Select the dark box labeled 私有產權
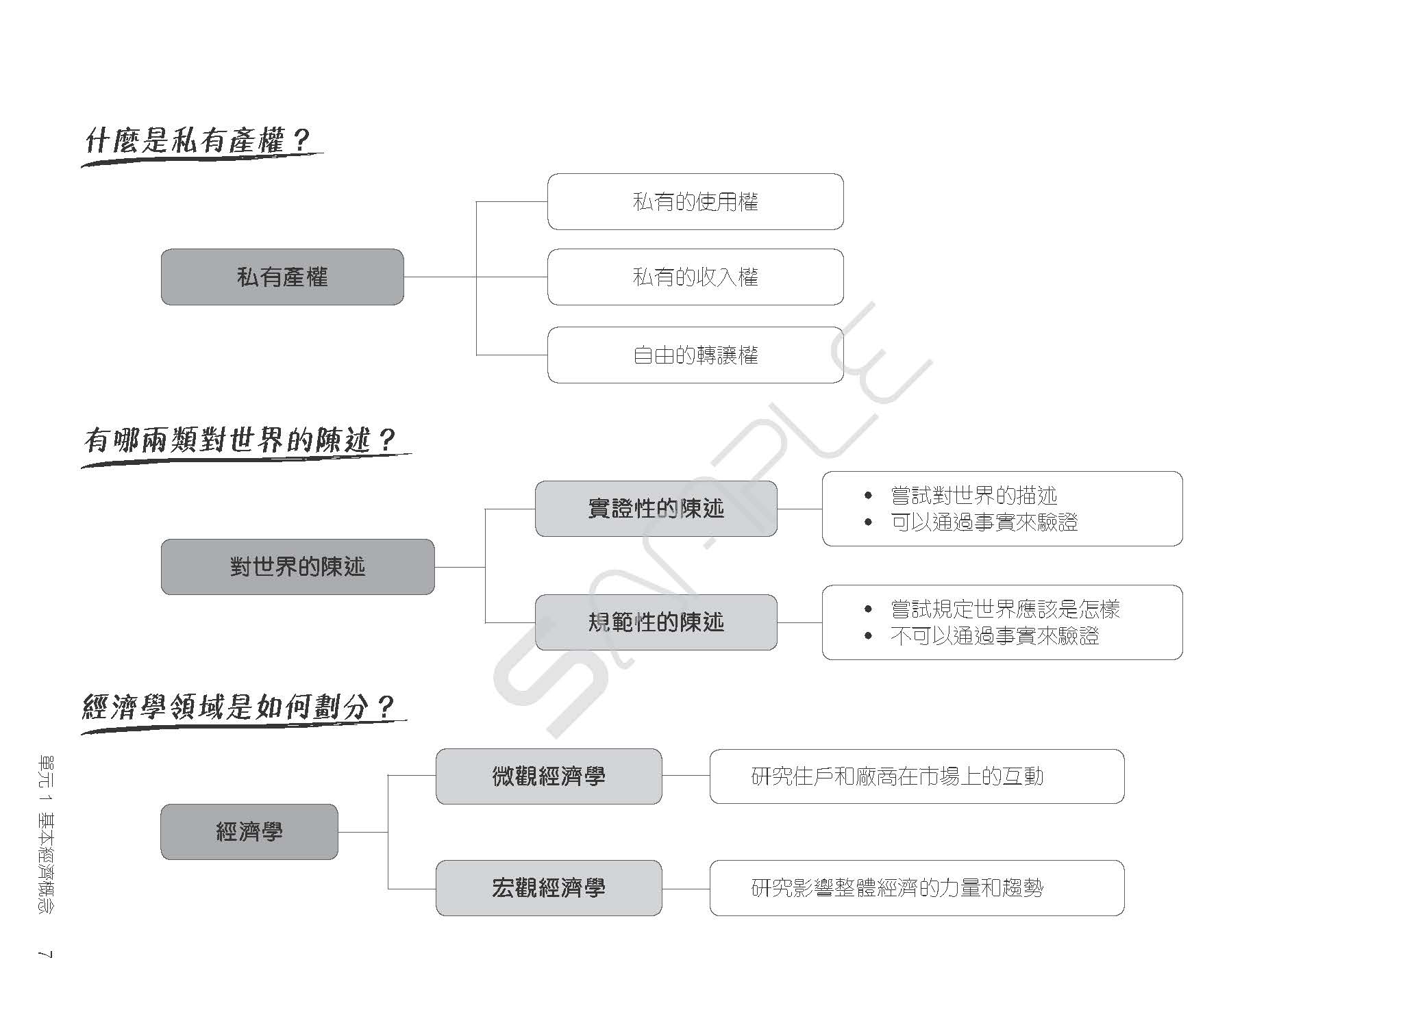click(x=282, y=277)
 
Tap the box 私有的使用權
click(x=695, y=201)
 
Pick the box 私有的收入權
click(x=695, y=277)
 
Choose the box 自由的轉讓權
click(x=695, y=355)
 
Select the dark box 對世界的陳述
click(x=297, y=567)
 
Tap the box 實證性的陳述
click(x=656, y=509)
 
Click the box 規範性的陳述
click(x=656, y=622)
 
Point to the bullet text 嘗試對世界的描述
click(x=973, y=495)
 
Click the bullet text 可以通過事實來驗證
click(x=984, y=522)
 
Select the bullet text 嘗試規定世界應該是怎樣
click(x=1005, y=609)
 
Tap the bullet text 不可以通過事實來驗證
click(x=995, y=636)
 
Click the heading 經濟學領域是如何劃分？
click(x=238, y=707)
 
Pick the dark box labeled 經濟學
click(x=249, y=832)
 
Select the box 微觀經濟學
click(x=549, y=776)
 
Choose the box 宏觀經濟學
click(x=549, y=888)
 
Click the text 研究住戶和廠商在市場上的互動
click(x=897, y=776)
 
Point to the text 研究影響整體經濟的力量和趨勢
click(x=897, y=888)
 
